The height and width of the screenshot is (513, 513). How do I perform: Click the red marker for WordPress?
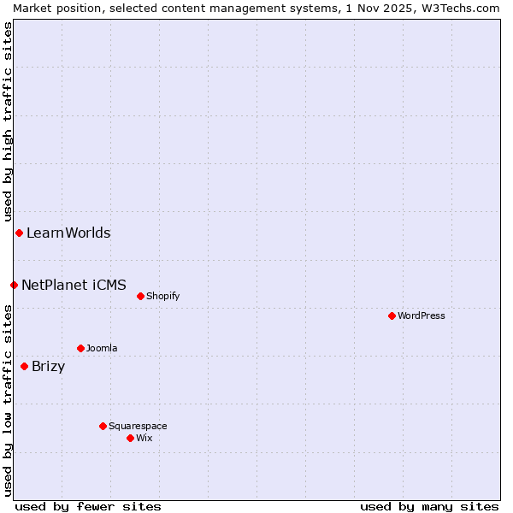(x=392, y=315)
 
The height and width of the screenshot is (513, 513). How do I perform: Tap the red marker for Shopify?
(x=140, y=297)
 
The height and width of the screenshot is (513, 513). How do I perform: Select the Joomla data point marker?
(x=80, y=348)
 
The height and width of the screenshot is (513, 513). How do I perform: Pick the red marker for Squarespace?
(x=103, y=426)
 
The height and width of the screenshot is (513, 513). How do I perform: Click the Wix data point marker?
(x=130, y=438)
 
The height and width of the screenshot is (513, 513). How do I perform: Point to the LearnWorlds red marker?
(x=19, y=233)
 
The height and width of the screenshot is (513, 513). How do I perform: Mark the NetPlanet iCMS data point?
(x=14, y=285)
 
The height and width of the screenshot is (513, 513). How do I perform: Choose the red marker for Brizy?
(x=24, y=367)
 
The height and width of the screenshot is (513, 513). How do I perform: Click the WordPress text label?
(x=422, y=315)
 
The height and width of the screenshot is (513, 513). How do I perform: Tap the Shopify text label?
(x=162, y=297)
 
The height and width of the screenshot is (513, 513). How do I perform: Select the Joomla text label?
(x=102, y=348)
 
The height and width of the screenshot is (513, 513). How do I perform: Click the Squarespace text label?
(x=138, y=426)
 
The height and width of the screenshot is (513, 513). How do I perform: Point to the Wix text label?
(x=144, y=438)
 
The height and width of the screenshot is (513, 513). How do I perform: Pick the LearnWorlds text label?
(x=68, y=233)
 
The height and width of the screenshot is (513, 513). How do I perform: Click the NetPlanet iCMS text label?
(x=74, y=285)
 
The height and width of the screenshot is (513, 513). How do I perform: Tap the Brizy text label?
(x=48, y=367)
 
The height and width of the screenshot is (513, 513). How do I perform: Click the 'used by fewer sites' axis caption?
(x=88, y=506)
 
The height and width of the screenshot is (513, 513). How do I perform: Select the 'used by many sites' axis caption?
(x=429, y=506)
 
